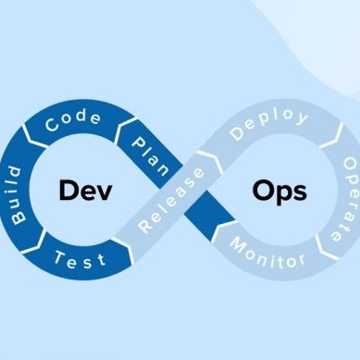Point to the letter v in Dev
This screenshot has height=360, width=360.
104,192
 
